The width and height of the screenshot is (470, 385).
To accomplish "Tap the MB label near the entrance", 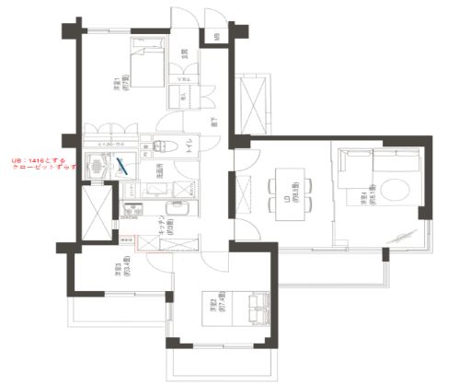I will point(217,38).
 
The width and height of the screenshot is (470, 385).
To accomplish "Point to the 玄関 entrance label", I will point(185,53).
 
